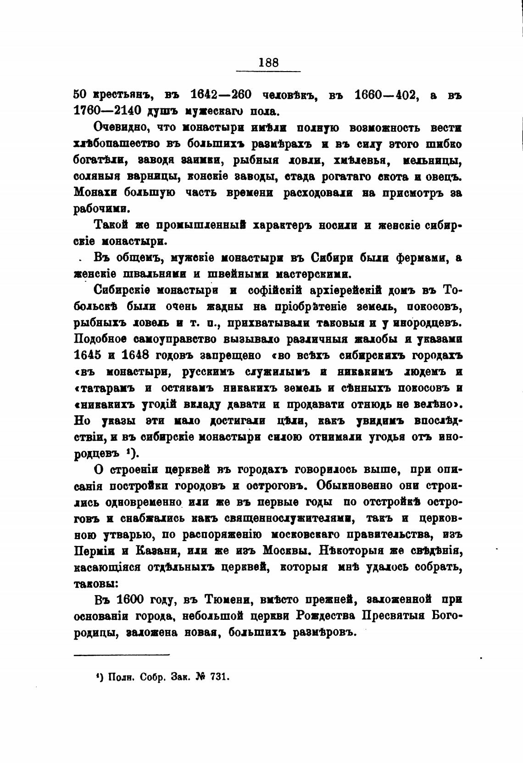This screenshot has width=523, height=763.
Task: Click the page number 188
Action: (x=268, y=62)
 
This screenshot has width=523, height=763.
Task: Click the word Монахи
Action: (x=95, y=193)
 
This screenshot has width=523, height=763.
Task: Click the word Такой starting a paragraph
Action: (x=109, y=225)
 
